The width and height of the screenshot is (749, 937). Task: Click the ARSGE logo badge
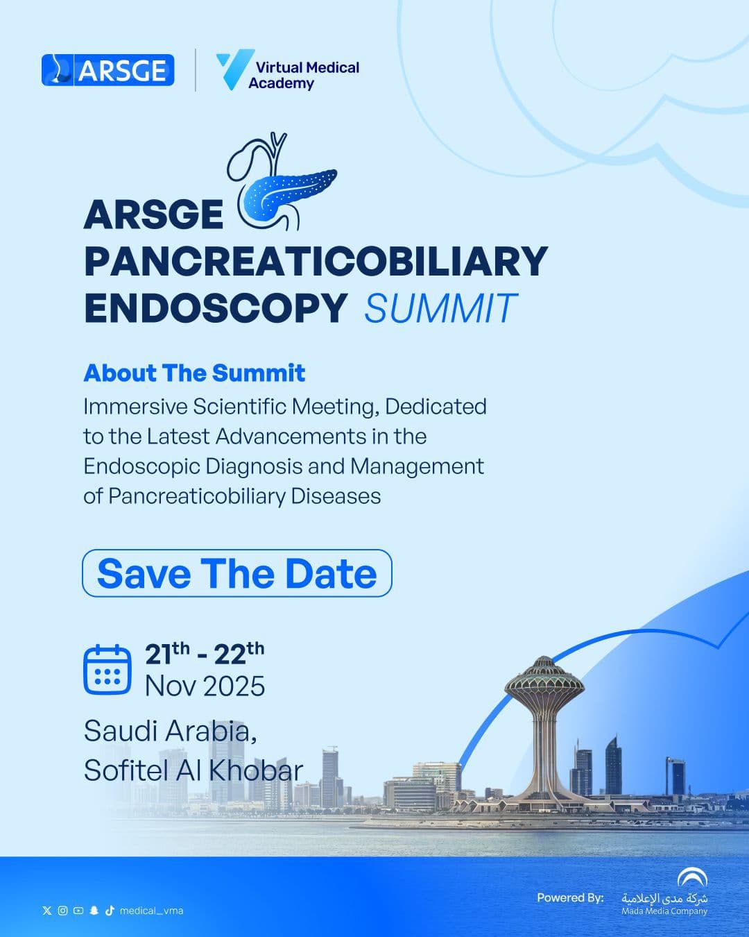107,70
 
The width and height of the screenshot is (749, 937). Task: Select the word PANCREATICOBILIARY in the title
316,260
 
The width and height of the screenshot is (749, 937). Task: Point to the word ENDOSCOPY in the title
215,307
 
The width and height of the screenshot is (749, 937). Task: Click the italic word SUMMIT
440,309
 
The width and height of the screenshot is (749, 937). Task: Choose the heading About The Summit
194,373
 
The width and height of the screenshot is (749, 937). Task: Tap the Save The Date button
237,573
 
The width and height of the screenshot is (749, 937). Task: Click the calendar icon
107,670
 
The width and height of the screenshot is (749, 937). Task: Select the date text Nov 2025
205,686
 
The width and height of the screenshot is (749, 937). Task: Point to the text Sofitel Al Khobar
193,770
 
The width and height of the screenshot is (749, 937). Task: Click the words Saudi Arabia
170,731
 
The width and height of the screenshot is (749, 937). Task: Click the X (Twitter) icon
47,911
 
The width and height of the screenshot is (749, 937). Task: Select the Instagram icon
62,911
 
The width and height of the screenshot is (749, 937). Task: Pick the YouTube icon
78,911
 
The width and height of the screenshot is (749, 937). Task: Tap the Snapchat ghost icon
94,911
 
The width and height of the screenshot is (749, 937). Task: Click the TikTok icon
109,911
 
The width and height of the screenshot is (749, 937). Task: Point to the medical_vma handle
151,911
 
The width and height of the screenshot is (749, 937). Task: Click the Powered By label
570,897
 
